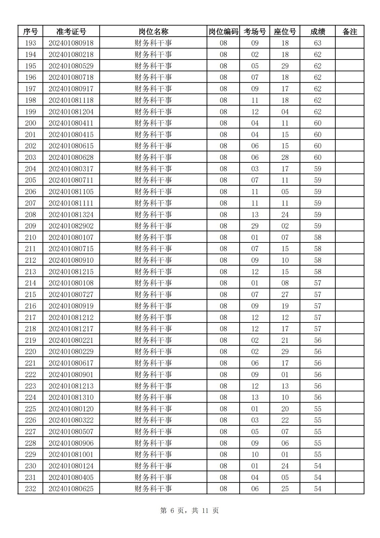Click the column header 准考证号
[x=71, y=32]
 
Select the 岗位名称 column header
[x=153, y=32]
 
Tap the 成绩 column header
[x=318, y=32]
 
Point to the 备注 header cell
[x=349, y=32]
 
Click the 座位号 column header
[x=285, y=32]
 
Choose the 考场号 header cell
[x=255, y=32]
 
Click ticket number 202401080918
[x=71, y=43]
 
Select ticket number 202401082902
[x=71, y=226]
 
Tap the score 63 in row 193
[x=318, y=43]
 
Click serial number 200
[x=30, y=123]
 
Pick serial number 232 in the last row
[x=30, y=489]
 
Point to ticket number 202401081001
[x=71, y=454]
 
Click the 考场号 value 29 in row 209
[x=255, y=226]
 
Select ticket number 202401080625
[x=71, y=489]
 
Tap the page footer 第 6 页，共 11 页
[x=189, y=510]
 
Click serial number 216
[x=30, y=306]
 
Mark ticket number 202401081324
[x=71, y=215]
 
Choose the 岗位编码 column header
[x=223, y=32]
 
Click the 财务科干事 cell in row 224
[x=153, y=397]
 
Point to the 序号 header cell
[x=30, y=32]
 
